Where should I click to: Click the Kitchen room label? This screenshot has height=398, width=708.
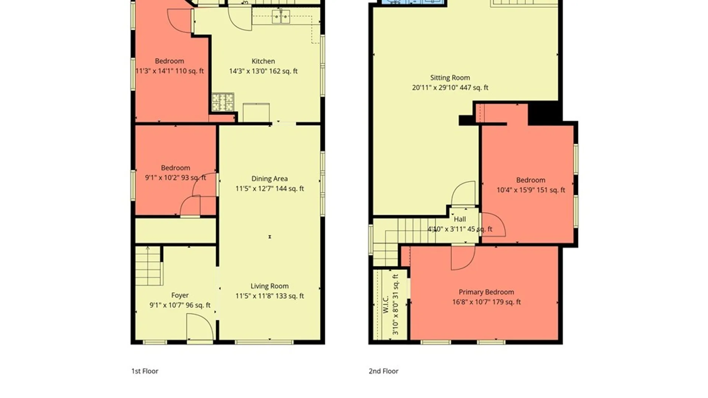[263, 61]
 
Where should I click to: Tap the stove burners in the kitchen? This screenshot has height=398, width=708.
[223, 102]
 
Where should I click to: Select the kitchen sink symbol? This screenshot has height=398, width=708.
[281, 17]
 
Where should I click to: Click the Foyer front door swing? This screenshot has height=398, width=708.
[200, 327]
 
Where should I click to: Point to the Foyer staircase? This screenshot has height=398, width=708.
[149, 266]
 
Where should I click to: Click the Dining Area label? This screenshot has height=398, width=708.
[270, 179]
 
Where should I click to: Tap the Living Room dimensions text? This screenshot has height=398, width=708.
[270, 296]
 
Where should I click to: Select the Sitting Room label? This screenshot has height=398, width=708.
[450, 78]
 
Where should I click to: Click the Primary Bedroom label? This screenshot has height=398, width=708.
[486, 292]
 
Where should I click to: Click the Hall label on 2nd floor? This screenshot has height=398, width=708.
[460, 219]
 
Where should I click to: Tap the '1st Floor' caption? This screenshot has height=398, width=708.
[145, 371]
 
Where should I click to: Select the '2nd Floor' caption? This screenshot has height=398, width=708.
[383, 371]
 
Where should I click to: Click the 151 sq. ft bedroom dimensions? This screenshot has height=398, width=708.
[531, 190]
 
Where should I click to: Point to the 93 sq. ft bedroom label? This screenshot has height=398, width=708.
[176, 168]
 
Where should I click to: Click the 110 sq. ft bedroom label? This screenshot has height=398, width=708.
[169, 61]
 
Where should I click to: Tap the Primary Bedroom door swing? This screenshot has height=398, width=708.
[463, 257]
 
